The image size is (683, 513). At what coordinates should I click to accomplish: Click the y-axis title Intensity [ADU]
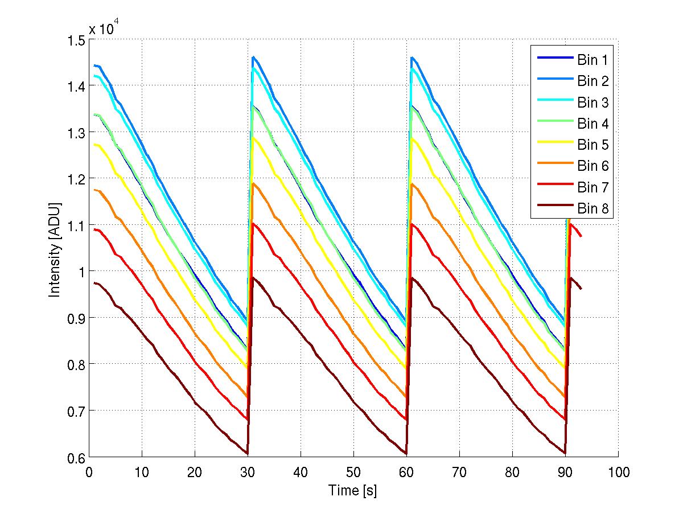pyautogui.click(x=55, y=249)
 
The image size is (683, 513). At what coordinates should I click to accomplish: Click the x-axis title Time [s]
pyautogui.click(x=352, y=491)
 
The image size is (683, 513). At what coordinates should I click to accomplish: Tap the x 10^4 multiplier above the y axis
pyautogui.click(x=104, y=28)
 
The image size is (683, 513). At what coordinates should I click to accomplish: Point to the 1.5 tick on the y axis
pyautogui.click(x=76, y=40)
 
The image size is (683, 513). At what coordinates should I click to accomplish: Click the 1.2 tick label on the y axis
pyautogui.click(x=76, y=179)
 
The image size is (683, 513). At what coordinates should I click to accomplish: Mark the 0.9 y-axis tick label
pyautogui.click(x=76, y=318)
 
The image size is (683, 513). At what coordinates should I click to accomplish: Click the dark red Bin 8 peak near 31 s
pyautogui.click(x=253, y=278)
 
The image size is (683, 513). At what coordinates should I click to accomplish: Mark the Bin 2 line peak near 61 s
pyautogui.click(x=412, y=57)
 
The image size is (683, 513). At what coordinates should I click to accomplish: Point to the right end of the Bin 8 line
pyautogui.click(x=581, y=289)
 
